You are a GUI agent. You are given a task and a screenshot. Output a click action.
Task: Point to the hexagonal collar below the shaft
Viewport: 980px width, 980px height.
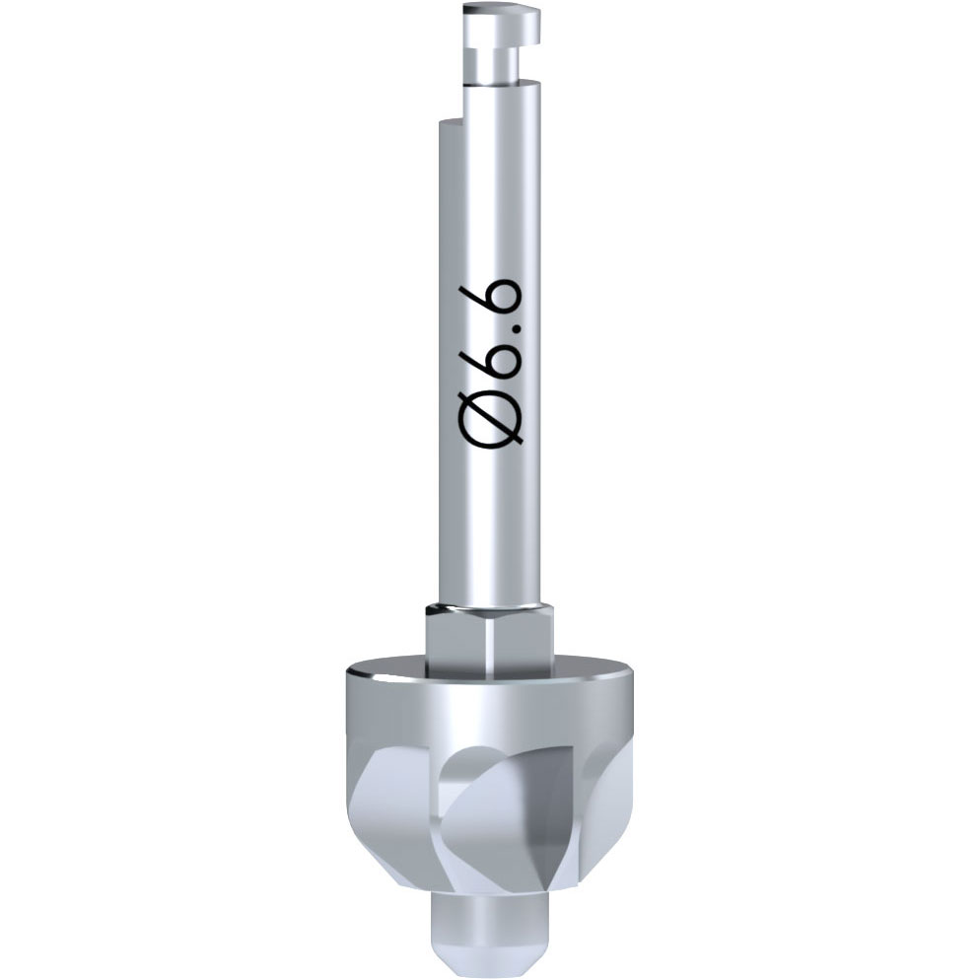pos(488,640)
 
